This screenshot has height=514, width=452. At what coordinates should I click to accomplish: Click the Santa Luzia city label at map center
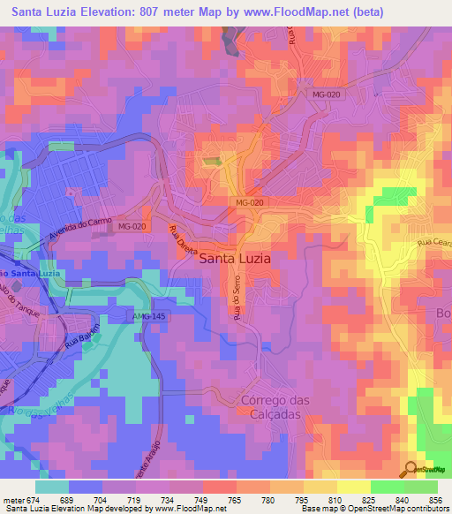pos(235,259)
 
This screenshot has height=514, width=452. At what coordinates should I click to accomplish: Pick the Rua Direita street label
pos(185,240)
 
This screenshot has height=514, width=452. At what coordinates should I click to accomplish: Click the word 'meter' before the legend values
pos(13,499)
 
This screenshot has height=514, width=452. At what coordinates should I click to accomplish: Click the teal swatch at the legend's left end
pos(52,487)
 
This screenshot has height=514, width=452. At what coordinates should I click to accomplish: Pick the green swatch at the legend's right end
pos(420,487)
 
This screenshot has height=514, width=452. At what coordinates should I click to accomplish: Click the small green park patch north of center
pos(211,161)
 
